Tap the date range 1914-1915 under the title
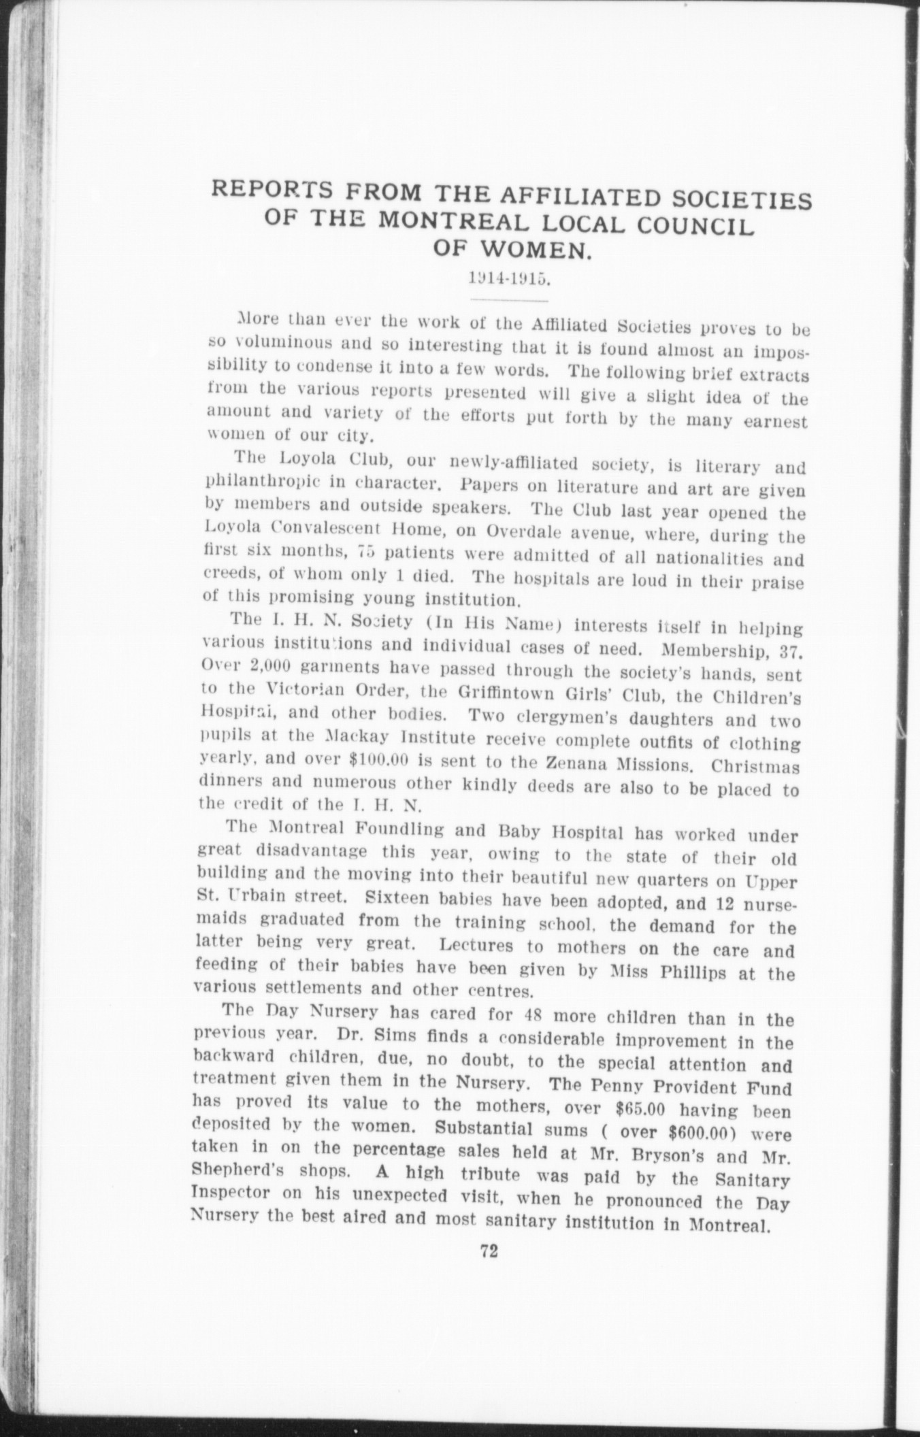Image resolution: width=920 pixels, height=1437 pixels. [x=507, y=279]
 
